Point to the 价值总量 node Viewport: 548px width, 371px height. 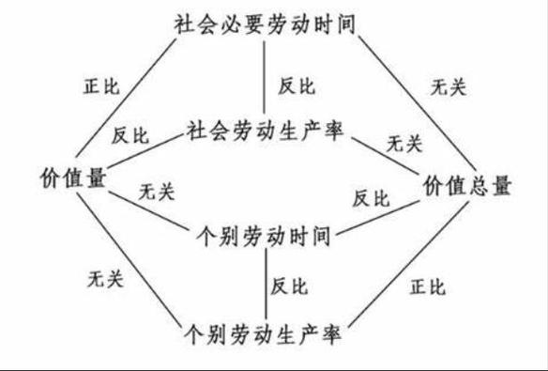467,184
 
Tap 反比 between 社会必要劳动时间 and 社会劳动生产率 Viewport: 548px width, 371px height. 296,85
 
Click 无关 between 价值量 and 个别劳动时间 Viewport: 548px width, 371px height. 157,193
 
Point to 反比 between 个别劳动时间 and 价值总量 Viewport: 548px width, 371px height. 370,198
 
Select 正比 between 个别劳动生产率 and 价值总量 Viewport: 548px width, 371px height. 427,286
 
